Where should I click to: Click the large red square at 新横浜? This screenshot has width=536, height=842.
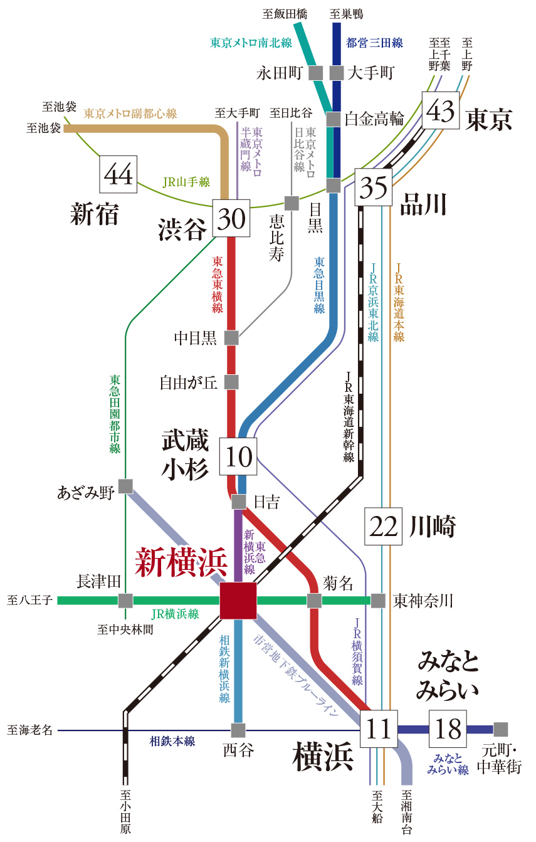point(238,601)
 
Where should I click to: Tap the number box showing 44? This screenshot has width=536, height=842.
point(118,174)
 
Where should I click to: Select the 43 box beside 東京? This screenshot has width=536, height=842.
point(440,111)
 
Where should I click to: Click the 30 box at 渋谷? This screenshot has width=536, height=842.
point(231,218)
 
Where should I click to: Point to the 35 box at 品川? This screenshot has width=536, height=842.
point(374,187)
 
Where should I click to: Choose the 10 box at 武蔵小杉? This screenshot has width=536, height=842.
point(238,456)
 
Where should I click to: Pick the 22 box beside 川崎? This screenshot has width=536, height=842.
point(384,527)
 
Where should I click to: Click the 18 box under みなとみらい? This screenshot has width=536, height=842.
point(448,729)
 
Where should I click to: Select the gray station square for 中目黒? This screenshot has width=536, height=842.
point(231,338)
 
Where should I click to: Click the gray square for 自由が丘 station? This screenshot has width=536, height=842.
point(231,382)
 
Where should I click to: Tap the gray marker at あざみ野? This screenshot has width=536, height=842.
point(125,486)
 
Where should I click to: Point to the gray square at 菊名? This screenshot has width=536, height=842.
point(314,601)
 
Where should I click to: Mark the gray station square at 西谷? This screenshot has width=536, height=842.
point(238,730)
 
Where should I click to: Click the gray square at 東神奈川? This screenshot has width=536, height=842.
point(378,601)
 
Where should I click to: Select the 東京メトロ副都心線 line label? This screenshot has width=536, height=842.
point(130,113)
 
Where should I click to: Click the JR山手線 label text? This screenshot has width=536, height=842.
point(186,182)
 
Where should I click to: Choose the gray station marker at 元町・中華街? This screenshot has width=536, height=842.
point(500,729)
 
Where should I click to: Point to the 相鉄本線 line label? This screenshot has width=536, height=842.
point(172,741)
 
